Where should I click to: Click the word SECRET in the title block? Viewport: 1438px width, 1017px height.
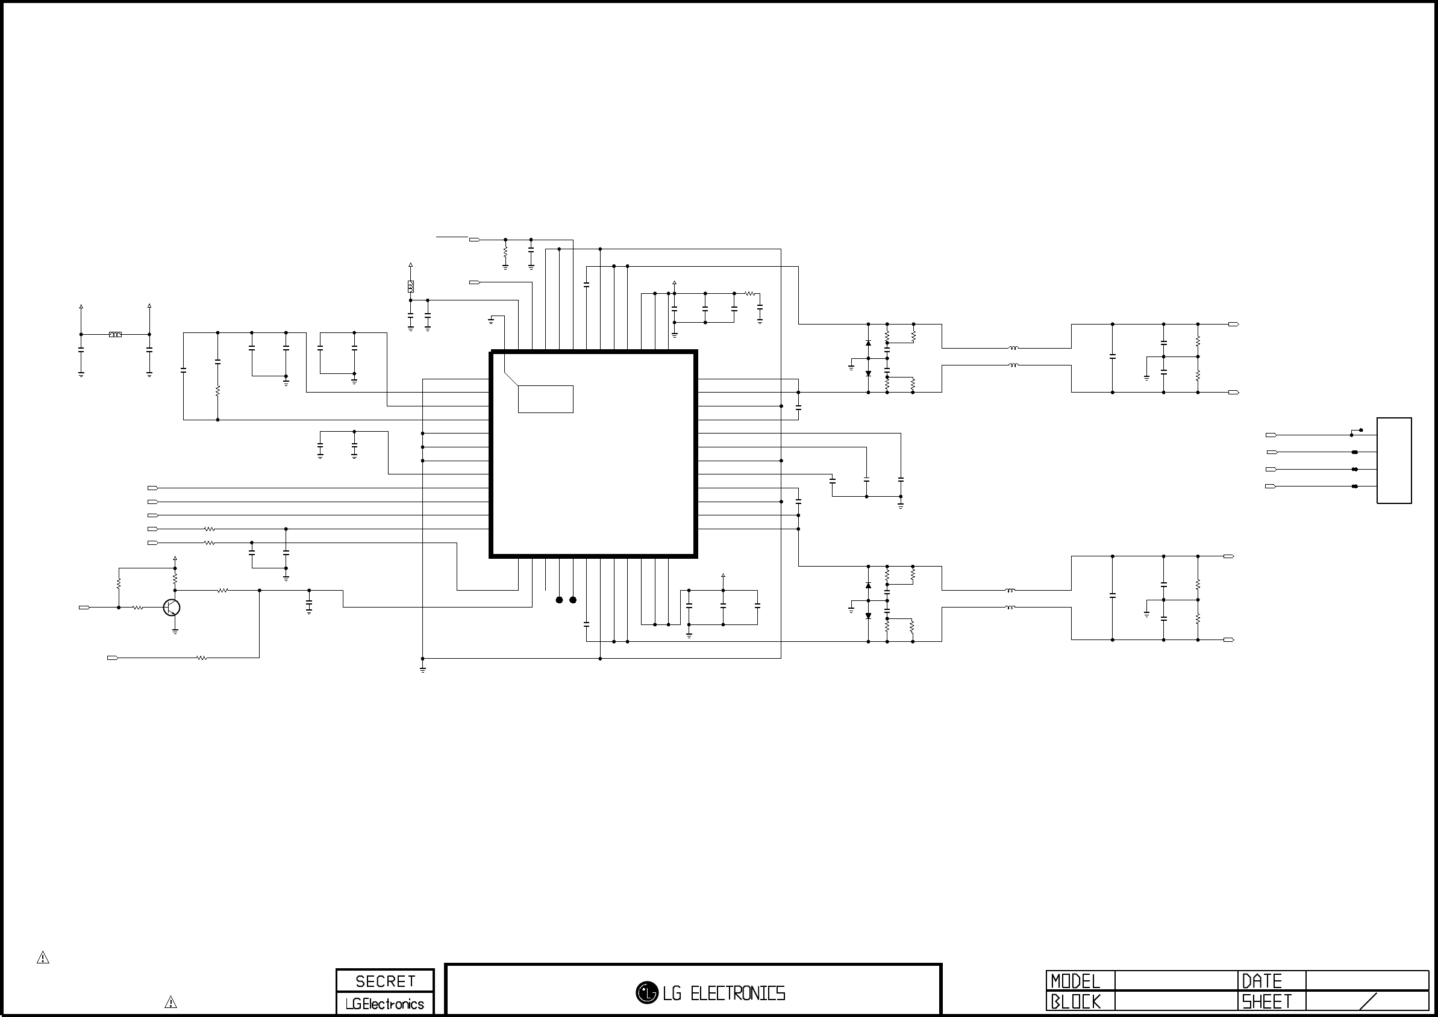[x=386, y=981]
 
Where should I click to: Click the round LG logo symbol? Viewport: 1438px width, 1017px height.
[x=646, y=992]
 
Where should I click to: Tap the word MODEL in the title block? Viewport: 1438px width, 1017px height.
[x=1075, y=981]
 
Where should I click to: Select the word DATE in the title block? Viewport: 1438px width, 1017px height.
[x=1262, y=981]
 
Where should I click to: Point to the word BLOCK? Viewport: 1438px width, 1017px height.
[x=1076, y=1002]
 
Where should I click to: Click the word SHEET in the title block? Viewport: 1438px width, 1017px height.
[x=1267, y=1002]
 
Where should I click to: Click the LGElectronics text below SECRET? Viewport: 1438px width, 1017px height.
[x=385, y=1004]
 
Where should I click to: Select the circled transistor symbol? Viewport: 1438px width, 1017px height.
[x=172, y=608]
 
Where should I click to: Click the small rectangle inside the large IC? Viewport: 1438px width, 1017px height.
[x=546, y=399]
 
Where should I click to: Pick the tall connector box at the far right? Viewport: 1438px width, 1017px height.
[x=1394, y=460]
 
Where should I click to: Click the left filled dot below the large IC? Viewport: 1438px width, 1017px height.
[x=560, y=600]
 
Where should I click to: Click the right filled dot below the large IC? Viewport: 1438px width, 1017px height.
[x=573, y=600]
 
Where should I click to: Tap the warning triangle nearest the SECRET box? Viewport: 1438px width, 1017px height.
[x=170, y=1002]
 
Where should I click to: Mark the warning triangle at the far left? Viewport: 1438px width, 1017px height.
[x=43, y=957]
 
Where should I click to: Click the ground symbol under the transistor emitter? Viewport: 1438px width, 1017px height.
[x=175, y=632]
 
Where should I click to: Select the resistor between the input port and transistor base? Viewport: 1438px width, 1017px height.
[x=138, y=608]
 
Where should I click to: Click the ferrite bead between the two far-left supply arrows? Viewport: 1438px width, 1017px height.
[x=115, y=334]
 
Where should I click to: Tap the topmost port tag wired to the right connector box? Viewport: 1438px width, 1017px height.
[x=1271, y=435]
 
